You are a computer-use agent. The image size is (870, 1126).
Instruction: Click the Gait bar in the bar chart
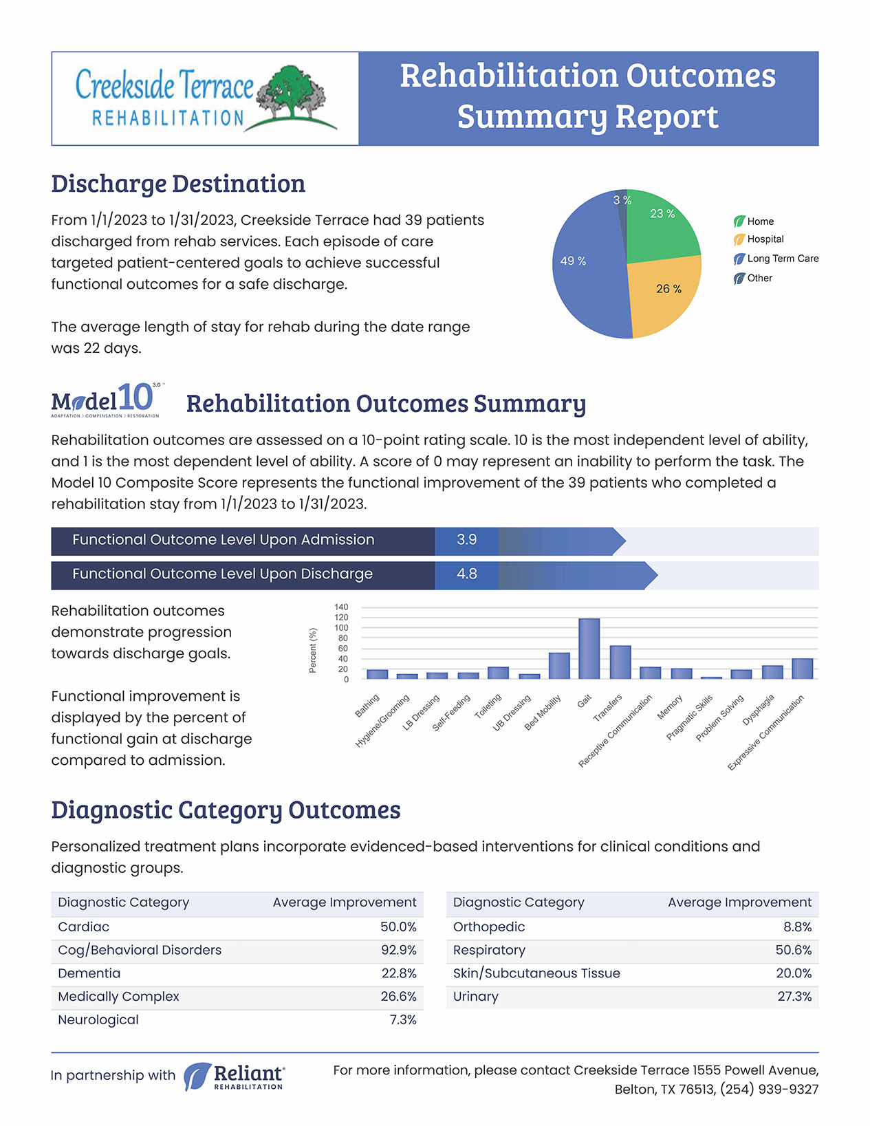tap(589, 648)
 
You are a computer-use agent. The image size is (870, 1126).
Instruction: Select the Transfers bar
tap(620, 662)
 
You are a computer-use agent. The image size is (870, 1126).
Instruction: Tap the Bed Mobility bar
tap(559, 665)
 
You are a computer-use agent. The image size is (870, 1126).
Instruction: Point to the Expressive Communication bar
tap(802, 669)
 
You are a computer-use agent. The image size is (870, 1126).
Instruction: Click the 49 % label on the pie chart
tap(574, 261)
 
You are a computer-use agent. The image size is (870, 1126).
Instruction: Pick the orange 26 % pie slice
tap(663, 295)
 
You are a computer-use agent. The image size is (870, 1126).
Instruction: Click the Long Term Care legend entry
tap(776, 259)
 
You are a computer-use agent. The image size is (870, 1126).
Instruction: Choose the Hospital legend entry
tap(759, 239)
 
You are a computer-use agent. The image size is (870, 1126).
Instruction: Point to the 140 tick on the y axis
tap(341, 607)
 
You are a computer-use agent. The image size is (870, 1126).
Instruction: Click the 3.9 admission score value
tap(466, 540)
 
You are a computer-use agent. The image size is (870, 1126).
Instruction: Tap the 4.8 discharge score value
tap(466, 574)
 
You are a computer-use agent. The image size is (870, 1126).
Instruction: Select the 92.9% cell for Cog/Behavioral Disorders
tap(399, 950)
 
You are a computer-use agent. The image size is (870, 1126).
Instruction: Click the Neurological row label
tap(98, 1020)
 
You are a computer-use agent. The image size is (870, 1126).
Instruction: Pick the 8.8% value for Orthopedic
tap(798, 927)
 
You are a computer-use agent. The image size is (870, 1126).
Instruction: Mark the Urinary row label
tap(475, 997)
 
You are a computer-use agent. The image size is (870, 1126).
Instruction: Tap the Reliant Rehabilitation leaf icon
tap(197, 1076)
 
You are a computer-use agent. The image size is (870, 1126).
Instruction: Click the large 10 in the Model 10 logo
tap(135, 398)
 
